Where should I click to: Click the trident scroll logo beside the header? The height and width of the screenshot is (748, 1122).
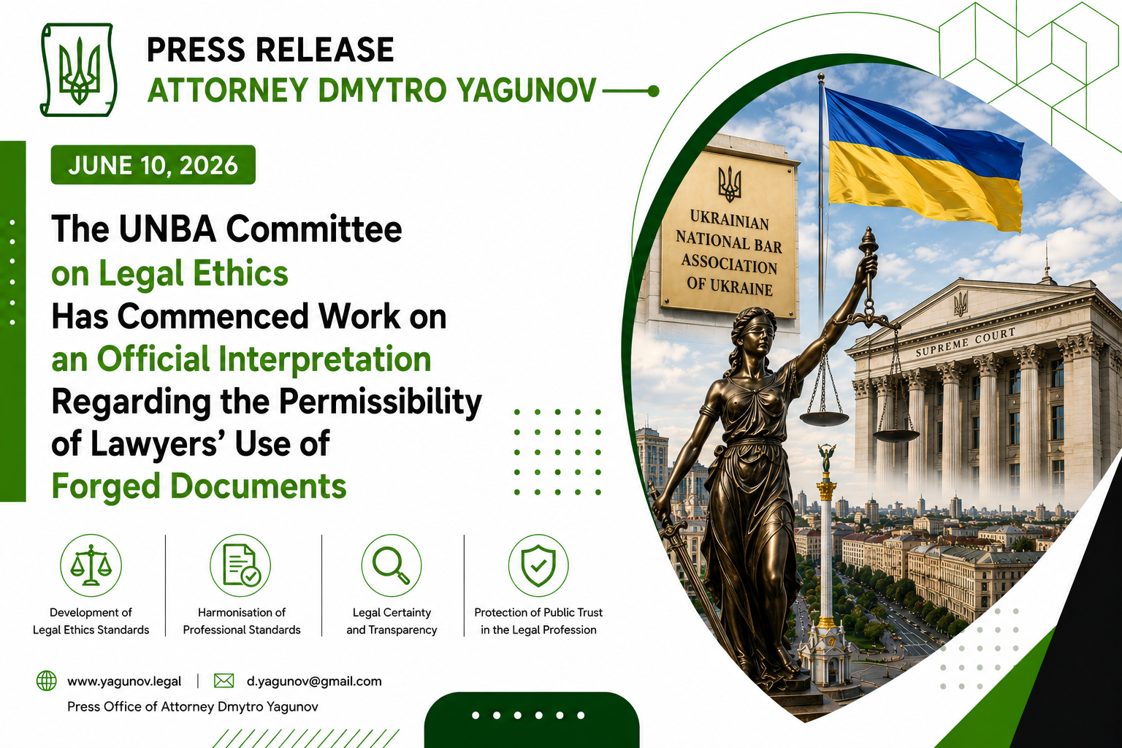coord(79,69)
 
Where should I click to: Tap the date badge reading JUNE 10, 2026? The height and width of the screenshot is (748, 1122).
coord(153,165)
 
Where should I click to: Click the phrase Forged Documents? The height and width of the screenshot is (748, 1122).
coord(199,486)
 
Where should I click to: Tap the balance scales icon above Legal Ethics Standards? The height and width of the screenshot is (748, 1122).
coord(91,565)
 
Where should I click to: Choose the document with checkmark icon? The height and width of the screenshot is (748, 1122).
coord(240,565)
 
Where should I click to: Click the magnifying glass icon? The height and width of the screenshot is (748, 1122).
coord(392,565)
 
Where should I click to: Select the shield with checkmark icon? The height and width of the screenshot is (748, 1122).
coord(538,565)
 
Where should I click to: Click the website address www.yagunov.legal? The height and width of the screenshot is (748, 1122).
coord(124,682)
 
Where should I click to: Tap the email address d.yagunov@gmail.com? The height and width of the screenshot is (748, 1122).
coord(314,682)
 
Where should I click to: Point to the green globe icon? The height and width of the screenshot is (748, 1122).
coord(47,682)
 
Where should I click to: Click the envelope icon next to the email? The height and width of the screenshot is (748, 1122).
coord(224,681)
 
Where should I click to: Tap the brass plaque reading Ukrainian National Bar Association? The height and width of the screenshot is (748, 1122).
coord(729,232)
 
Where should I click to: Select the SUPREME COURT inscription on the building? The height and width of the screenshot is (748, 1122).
coord(965,342)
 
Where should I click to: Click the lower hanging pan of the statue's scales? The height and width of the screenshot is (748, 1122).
coord(896,435)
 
